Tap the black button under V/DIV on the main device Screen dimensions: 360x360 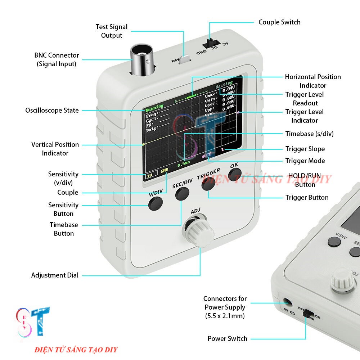coord(156,203)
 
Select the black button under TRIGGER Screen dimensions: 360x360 coord(208,184)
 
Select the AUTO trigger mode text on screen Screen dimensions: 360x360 coord(207,156)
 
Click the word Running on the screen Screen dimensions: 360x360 coord(154,107)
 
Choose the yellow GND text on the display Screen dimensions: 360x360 coord(165,170)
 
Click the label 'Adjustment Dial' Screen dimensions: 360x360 coord(55,275)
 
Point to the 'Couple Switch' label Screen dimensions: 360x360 coord(279,22)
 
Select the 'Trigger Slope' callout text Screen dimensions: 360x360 coord(305,149)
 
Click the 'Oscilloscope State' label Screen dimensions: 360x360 coord(52,111)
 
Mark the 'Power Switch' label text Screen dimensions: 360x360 coord(227,339)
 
